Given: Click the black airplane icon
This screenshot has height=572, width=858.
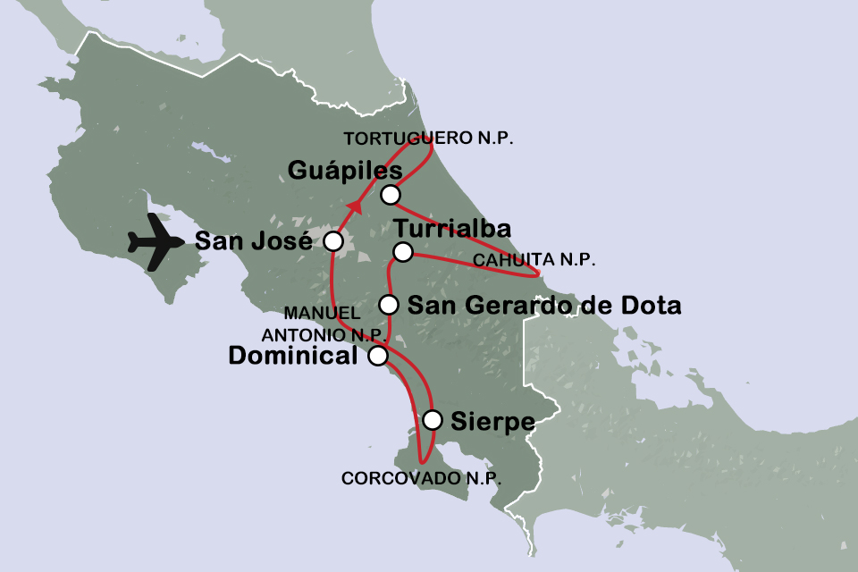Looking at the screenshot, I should point(157,243).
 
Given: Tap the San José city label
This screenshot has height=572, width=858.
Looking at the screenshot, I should point(252,241).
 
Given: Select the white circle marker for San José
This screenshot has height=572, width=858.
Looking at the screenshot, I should point(333,241).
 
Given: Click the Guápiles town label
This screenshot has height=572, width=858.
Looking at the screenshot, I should point(345,170).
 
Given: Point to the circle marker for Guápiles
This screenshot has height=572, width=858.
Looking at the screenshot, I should point(390,195).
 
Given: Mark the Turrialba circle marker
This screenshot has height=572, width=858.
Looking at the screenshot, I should point(403,251).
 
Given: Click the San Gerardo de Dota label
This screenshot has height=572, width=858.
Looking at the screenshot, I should point(543,306).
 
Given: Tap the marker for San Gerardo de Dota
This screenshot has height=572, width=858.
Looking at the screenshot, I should point(389,305).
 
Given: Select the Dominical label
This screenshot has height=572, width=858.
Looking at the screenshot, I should point(293,356).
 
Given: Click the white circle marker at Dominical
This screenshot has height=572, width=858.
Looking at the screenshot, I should point(378,356).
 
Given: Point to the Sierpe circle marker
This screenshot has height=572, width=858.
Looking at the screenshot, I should point(433,419).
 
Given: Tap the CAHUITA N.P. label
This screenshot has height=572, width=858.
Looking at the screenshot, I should point(533,260).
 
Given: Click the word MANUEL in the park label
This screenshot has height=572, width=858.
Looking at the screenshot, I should point(322,314).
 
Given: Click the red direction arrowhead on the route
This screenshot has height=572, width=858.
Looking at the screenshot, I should point(356,207).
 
